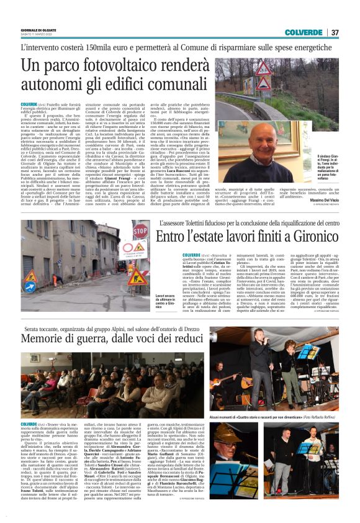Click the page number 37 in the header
[x=335, y=32]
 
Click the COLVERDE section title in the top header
[x=304, y=32]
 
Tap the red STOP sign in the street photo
[x=140, y=232]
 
